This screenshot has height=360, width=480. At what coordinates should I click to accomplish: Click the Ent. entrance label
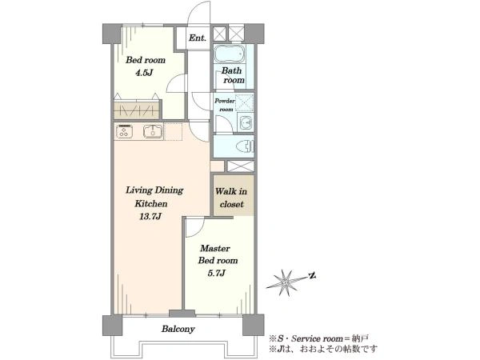click(x=198, y=38)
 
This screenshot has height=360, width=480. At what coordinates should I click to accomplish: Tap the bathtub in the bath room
click(x=230, y=54)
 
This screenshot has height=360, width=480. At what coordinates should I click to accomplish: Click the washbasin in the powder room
click(x=246, y=122)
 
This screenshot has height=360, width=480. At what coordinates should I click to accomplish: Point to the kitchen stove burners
click(x=124, y=132)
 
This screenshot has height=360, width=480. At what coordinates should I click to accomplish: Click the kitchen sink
click(x=152, y=132)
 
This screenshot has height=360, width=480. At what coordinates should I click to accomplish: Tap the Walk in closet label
click(x=231, y=198)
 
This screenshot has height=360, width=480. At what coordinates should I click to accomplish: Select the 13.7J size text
click(x=150, y=217)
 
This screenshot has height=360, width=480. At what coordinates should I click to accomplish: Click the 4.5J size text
click(x=143, y=73)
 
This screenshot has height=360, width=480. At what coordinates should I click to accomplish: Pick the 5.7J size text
click(x=217, y=273)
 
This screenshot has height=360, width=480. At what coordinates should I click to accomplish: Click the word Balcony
click(x=178, y=329)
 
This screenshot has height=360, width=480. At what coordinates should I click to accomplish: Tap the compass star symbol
click(x=286, y=283)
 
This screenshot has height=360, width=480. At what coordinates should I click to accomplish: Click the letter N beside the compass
click(x=312, y=276)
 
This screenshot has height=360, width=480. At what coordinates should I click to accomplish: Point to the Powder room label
click(x=224, y=105)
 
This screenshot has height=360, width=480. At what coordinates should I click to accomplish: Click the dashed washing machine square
click(x=244, y=102)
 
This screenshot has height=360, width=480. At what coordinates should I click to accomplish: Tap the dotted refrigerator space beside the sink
click(x=174, y=132)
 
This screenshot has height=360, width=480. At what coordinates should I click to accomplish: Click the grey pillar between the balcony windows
click(x=182, y=314)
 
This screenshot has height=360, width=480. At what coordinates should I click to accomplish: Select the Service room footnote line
click(x=318, y=338)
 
